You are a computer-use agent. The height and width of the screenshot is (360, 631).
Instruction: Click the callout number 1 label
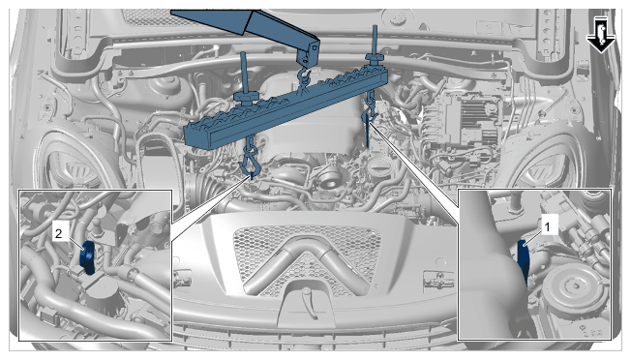click(x=548, y=227)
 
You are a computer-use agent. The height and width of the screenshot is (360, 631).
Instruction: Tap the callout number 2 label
click(x=59, y=233)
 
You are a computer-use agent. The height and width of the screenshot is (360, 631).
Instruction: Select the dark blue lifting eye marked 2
click(x=87, y=257)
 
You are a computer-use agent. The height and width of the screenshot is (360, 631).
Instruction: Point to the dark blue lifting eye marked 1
click(x=523, y=261)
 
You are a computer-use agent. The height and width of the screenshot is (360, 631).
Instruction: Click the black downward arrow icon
click(x=600, y=35)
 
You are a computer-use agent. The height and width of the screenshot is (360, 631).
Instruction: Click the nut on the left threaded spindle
click(x=246, y=98)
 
